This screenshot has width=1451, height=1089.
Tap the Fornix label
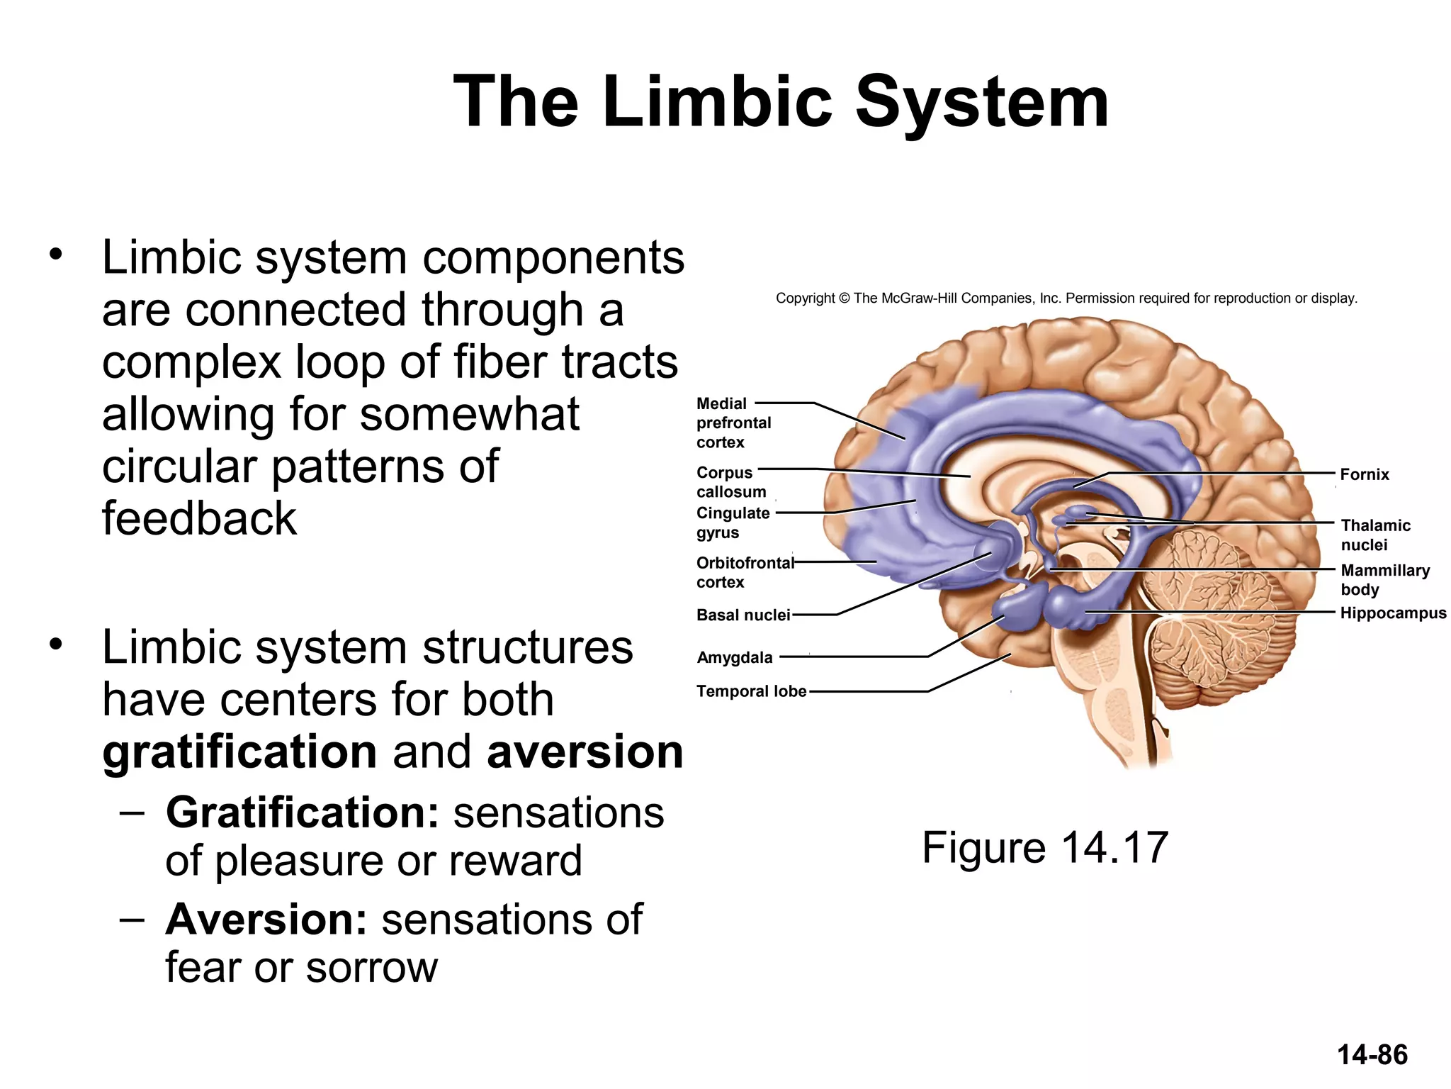coord(1364,474)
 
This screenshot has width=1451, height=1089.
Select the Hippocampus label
coord(1392,613)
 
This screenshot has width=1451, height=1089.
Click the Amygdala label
coord(734,657)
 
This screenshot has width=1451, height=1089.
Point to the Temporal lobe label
coord(751,691)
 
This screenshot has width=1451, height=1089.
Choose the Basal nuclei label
coord(743,615)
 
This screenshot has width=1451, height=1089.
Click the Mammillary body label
coord(1384,579)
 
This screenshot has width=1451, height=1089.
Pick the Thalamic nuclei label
coord(1374,535)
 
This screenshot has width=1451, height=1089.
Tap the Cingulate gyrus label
coord(732,523)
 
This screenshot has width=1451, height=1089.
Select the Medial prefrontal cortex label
coord(733,423)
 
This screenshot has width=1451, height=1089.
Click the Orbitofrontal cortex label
coord(744,572)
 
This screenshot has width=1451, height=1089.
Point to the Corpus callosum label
coord(730,482)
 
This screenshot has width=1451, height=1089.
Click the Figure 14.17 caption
coord(1044,847)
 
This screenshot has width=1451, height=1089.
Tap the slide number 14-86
coord(1372,1054)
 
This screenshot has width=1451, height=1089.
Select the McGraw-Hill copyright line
coord(1066,298)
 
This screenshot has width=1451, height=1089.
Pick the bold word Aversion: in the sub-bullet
coord(266,920)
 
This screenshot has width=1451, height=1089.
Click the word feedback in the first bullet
coord(199,518)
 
